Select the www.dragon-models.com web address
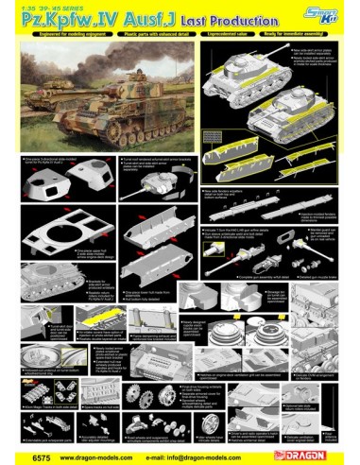point(98,456)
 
